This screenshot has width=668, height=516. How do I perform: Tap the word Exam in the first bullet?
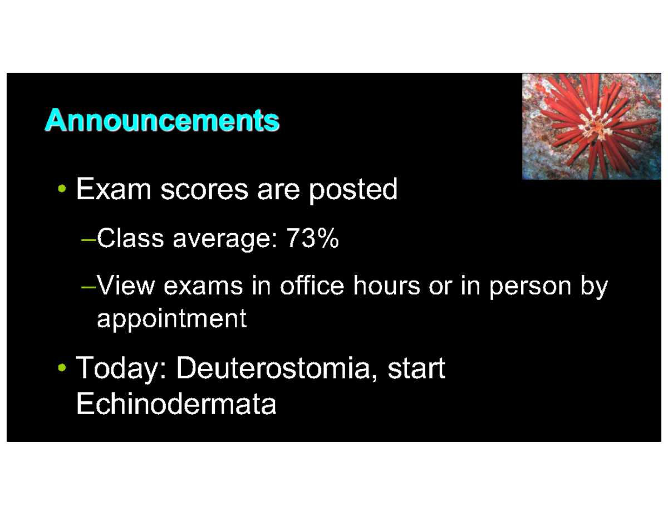click(114, 189)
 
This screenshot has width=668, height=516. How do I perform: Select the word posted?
click(353, 190)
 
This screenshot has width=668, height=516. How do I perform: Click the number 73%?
click(312, 239)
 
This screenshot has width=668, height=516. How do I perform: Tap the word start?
click(416, 368)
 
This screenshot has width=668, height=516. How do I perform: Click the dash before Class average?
click(89, 240)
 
